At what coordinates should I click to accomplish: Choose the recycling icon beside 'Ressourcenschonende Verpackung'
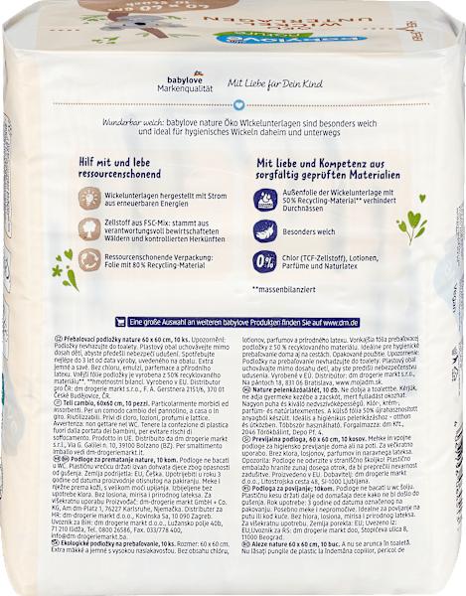pos(90,261)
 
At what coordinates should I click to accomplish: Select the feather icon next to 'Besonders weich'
pos(265,230)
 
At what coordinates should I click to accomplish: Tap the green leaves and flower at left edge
pos(67,267)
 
